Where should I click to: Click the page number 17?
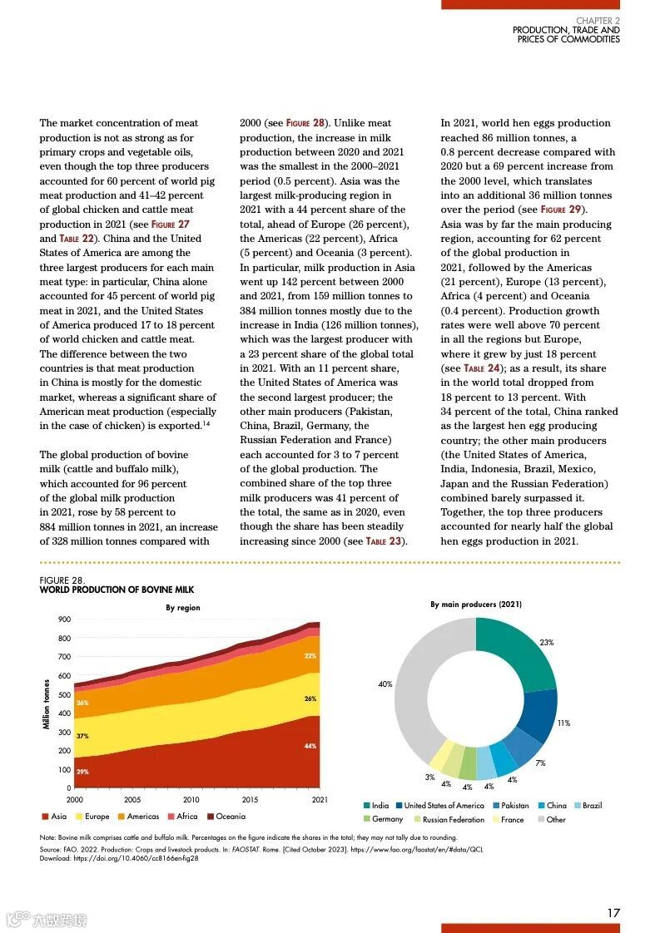pos(613,912)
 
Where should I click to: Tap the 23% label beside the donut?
pos(547,643)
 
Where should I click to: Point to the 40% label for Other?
pos(385,684)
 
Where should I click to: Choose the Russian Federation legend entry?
pos(454,819)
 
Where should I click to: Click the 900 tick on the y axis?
pos(64,620)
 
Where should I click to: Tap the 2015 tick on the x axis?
pos(250,799)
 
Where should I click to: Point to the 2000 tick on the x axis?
pos(74,799)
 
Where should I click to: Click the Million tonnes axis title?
pos(47,704)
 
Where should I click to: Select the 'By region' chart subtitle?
pos(183,608)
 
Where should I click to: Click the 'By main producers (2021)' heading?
pos(476,605)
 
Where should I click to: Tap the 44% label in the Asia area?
pos(310,746)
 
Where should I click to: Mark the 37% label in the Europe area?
pos(82,737)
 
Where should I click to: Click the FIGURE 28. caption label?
pos(62,580)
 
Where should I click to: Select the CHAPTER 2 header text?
pos(598,21)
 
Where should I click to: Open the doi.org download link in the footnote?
pos(138,858)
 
